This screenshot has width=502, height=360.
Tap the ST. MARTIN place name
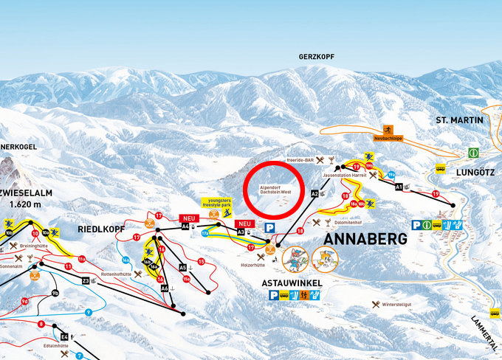458,120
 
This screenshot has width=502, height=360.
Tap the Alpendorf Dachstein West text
275,190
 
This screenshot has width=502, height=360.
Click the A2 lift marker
314,193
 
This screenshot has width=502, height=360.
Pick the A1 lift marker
399,187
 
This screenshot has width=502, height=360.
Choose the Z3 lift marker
86,281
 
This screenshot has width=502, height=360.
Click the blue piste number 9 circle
88,313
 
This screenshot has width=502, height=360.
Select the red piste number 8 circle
41,324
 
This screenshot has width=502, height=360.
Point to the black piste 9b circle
55,294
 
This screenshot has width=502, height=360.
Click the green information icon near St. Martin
472,153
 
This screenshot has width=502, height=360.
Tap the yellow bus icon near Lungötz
441,168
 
